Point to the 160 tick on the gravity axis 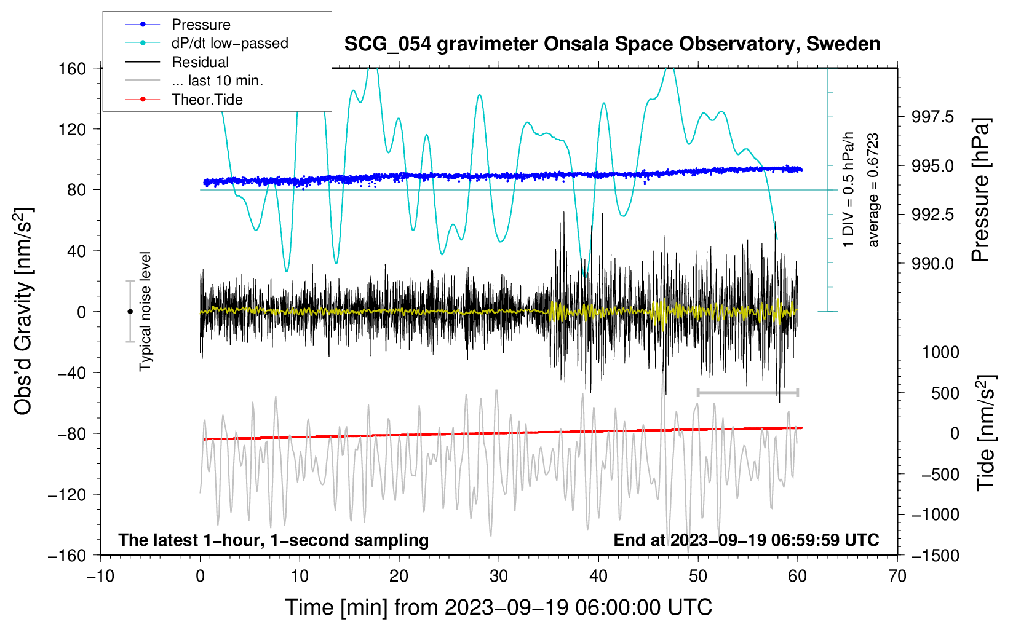click(73, 68)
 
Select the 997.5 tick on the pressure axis click(932, 117)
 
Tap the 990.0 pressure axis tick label click(932, 264)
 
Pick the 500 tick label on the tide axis click(945, 393)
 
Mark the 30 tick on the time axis click(499, 576)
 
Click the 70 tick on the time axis click(897, 576)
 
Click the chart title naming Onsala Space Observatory click(612, 44)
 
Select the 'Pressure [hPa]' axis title click(980, 191)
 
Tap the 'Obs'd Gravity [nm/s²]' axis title click(23, 311)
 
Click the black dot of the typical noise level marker click(130, 312)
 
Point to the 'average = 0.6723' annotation click(873, 191)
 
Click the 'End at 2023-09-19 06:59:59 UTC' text click(746, 540)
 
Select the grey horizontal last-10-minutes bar click(747, 392)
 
